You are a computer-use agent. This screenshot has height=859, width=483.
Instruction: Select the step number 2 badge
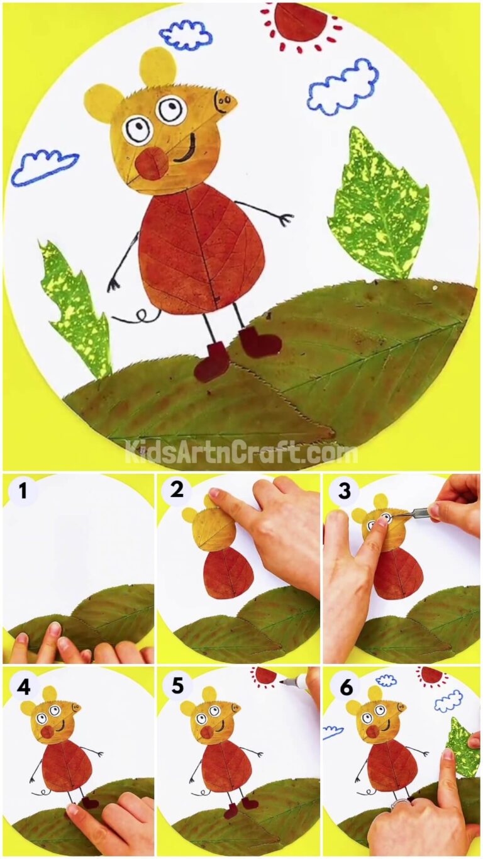click(177, 489)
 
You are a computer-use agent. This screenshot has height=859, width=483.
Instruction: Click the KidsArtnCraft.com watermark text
click(241, 452)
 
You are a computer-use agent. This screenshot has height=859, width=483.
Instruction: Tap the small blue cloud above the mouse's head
click(185, 35)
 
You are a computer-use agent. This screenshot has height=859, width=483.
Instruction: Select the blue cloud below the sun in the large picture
click(343, 87)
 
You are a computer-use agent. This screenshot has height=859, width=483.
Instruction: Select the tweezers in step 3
click(415, 514)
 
